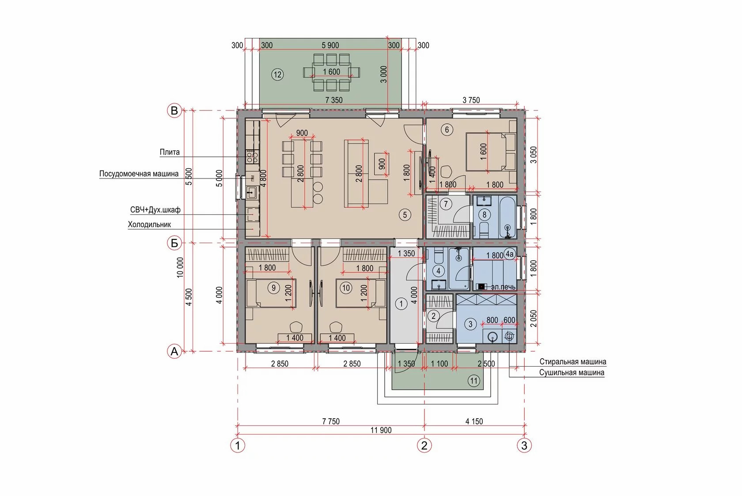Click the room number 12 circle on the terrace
[x=277, y=75]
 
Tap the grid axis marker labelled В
[x=174, y=110]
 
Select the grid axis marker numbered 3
[x=524, y=446]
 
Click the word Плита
[x=170, y=152]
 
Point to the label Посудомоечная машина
[x=139, y=174]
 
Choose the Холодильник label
[x=149, y=225]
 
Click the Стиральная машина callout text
[x=573, y=361]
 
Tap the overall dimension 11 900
[x=381, y=430]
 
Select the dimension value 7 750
[x=331, y=421]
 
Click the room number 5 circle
[x=405, y=215]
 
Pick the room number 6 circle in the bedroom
[x=447, y=129]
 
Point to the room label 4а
[x=510, y=254]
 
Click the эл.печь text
[x=503, y=287]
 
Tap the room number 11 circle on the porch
[x=473, y=381]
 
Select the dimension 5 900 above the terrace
[x=330, y=45]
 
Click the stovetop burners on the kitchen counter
[x=252, y=156]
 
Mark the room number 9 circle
[x=274, y=288]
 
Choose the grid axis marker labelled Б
[x=174, y=243]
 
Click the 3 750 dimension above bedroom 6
[x=471, y=100]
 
